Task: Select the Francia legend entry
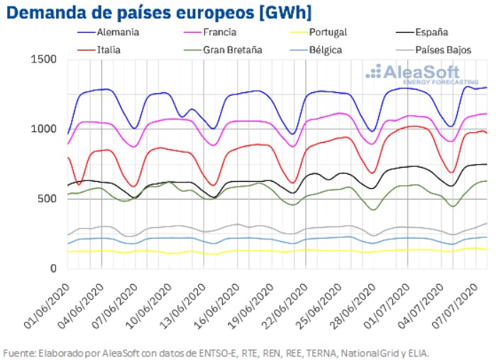[221, 32]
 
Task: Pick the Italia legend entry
[111, 50]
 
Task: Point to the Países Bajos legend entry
[440, 50]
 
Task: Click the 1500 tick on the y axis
[43, 59]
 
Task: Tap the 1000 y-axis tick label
[43, 129]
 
